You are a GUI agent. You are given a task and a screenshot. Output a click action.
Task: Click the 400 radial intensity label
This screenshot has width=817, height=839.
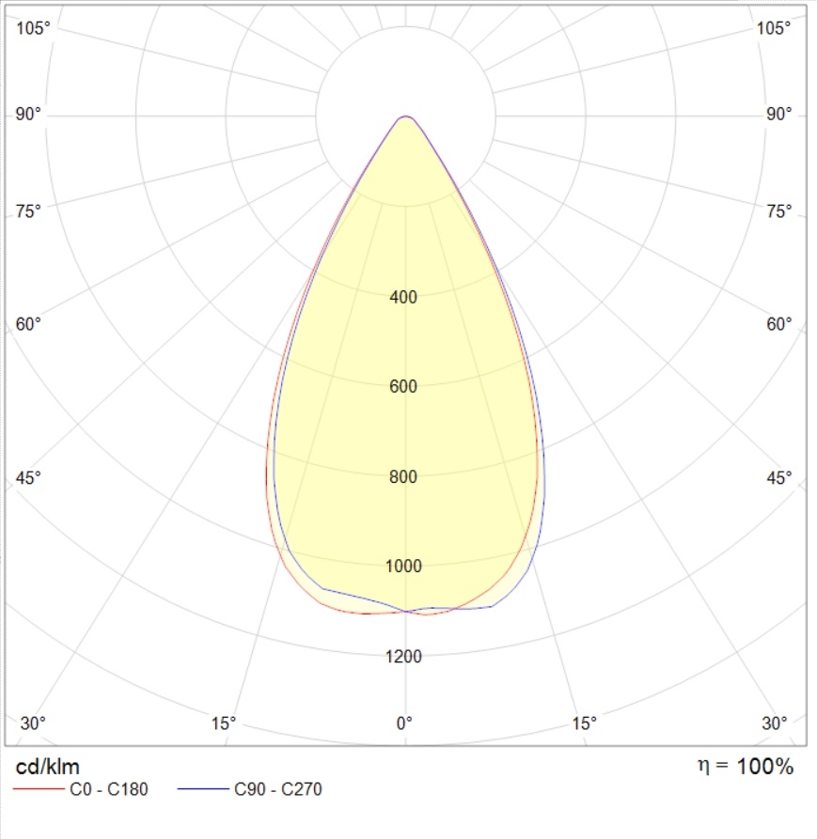click(403, 298)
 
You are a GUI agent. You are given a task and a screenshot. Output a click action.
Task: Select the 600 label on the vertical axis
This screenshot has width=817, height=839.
click(403, 387)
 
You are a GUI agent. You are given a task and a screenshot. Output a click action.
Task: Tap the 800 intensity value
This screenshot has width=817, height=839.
click(403, 476)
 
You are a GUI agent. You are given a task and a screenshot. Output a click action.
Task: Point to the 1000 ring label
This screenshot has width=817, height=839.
click(403, 566)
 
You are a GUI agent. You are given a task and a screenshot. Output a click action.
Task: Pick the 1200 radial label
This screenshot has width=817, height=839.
click(403, 656)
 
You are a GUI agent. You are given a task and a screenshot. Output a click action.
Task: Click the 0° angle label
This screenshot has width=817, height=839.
click(404, 723)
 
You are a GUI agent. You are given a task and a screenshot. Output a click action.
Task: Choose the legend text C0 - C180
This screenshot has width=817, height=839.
click(109, 789)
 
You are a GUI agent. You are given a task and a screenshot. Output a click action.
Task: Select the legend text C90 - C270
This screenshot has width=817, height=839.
click(277, 789)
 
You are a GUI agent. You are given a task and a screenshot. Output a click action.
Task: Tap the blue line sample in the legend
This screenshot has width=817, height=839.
click(202, 789)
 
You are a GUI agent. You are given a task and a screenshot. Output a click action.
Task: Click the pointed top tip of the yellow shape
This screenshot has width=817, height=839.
click(405, 117)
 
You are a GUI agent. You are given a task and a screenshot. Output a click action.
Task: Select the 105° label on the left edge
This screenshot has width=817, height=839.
click(34, 28)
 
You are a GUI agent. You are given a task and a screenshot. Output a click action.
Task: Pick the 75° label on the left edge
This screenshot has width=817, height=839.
click(29, 210)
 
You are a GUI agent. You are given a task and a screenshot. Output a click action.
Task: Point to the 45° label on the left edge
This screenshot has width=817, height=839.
click(29, 478)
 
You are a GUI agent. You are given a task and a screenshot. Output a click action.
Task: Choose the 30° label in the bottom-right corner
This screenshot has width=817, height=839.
click(775, 723)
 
